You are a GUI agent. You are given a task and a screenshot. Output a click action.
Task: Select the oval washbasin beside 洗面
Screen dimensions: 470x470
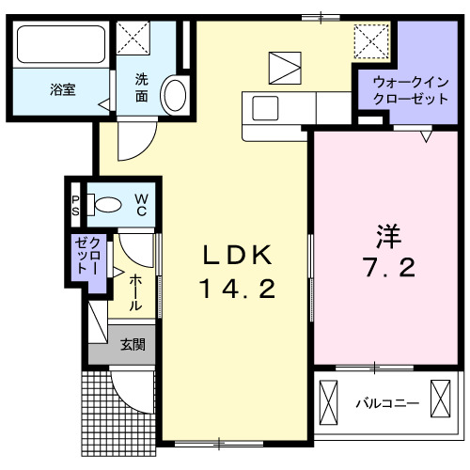pyautogui.click(x=175, y=94)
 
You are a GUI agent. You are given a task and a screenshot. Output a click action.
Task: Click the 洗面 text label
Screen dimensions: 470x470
pyautogui.click(x=141, y=88)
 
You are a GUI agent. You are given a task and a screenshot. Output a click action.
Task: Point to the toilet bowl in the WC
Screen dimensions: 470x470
pyautogui.click(x=105, y=203)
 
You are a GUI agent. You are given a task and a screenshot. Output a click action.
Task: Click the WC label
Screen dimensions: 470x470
pyautogui.click(x=139, y=204)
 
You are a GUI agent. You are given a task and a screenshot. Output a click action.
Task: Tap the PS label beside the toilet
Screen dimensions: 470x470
pyautogui.click(x=76, y=204)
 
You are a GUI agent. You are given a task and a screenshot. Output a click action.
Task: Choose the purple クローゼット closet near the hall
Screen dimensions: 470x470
pyautogui.click(x=91, y=255)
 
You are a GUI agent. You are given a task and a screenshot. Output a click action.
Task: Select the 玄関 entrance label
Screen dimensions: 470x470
pyautogui.click(x=132, y=345)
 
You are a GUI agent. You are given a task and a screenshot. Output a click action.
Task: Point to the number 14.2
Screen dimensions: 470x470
pyautogui.click(x=237, y=290)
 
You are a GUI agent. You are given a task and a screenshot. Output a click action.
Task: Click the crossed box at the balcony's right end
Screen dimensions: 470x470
pyautogui.click(x=441, y=396)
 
